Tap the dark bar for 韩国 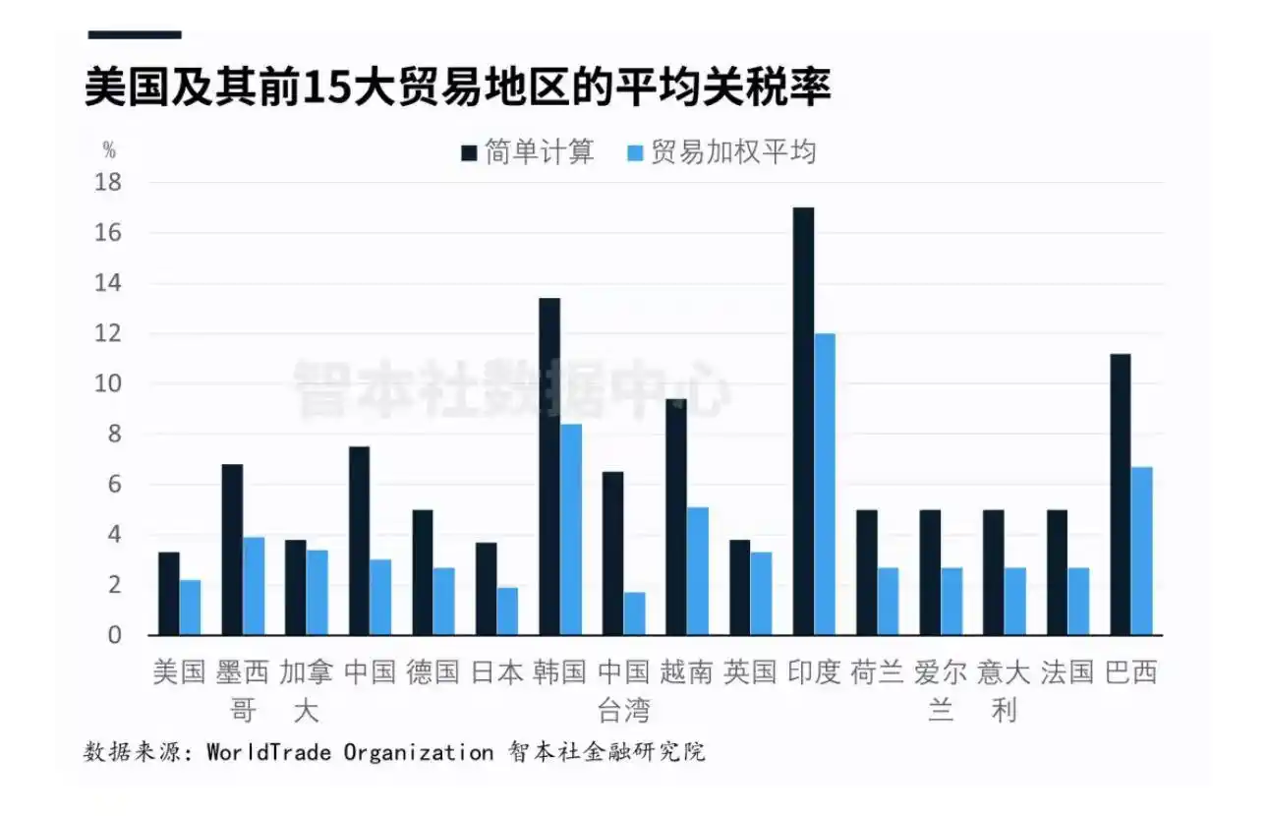(549, 466)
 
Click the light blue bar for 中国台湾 (634, 613)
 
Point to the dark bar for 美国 (169, 594)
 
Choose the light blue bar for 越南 (698, 571)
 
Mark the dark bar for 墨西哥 (232, 550)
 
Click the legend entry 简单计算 (529, 152)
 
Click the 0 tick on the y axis (114, 635)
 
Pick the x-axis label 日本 (497, 672)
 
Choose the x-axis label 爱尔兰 (941, 690)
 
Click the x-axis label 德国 (433, 672)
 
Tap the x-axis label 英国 (750, 672)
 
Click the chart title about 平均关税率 (458, 87)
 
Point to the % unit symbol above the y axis (109, 150)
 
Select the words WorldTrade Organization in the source (349, 753)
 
